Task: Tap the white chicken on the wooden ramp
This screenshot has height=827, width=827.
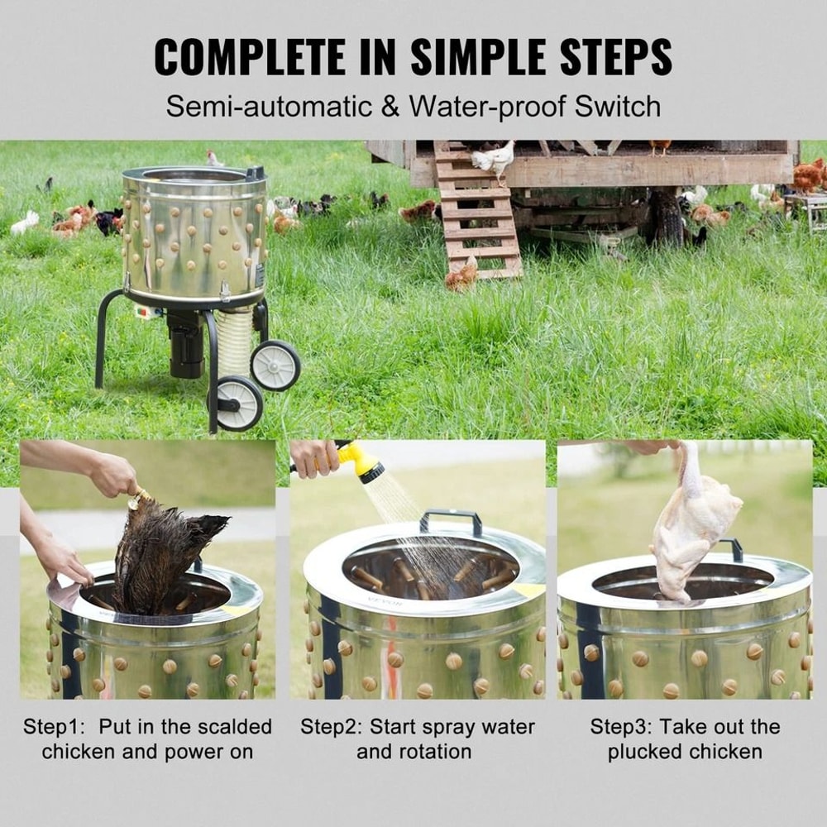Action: (494, 160)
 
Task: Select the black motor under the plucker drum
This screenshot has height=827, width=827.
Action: (186, 339)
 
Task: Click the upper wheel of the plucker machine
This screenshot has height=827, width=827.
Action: (275, 365)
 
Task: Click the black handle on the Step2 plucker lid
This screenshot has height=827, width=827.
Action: (451, 520)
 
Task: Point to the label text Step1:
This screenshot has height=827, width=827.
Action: (55, 727)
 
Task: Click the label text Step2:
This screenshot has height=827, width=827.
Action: (332, 727)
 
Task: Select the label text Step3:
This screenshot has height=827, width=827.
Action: (622, 727)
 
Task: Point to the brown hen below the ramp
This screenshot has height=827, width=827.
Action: (461, 276)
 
